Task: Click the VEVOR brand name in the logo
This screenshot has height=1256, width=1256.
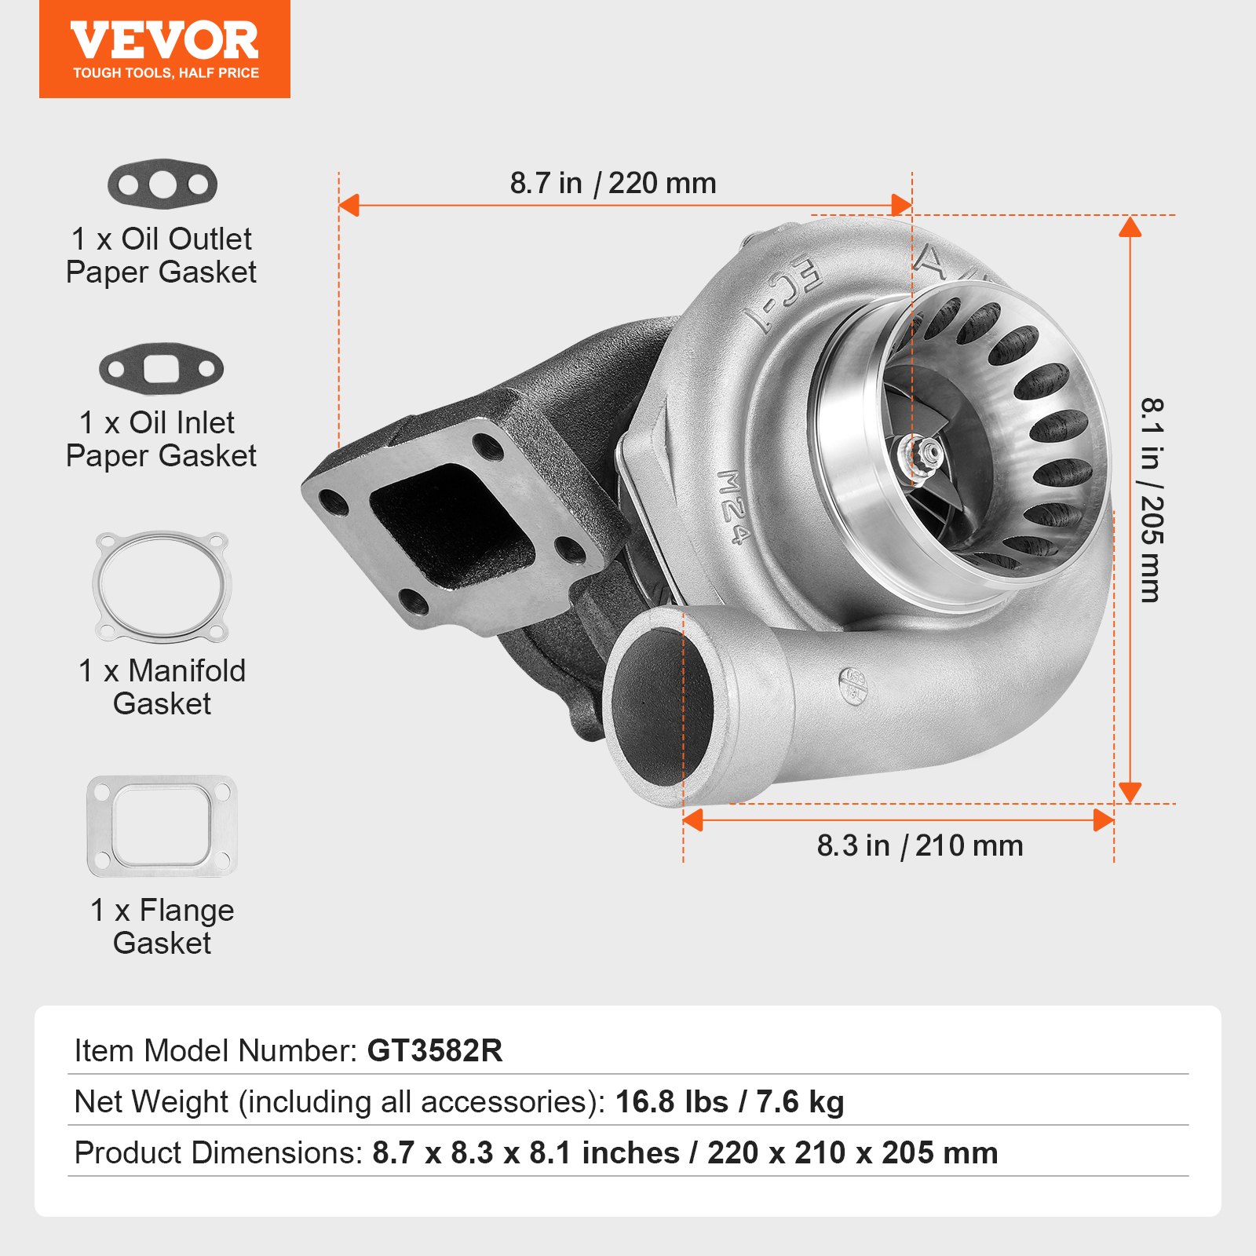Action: pos(164,41)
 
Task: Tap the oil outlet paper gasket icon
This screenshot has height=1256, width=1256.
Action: pos(162,184)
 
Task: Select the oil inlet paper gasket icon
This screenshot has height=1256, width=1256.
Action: pos(161,368)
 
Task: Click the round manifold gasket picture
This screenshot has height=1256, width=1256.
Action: pos(162,586)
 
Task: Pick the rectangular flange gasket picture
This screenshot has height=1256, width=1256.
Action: pos(162,826)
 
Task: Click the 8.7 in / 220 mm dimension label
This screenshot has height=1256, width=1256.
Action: pos(613,184)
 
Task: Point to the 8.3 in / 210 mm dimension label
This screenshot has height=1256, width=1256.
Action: pos(919,846)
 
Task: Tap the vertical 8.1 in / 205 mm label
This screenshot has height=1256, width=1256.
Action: pos(1151,500)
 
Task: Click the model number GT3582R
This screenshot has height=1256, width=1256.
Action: pos(435,1050)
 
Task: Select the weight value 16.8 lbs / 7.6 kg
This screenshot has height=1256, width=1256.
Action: pos(729,1102)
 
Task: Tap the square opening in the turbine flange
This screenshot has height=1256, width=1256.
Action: pos(451,524)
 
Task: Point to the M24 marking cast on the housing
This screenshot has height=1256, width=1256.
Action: pos(732,506)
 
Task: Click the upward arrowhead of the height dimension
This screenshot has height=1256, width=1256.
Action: pos(1130,227)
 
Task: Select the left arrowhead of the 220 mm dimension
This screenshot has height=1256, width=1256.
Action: pos(349,206)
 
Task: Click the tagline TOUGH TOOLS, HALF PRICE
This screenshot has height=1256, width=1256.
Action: pos(166,73)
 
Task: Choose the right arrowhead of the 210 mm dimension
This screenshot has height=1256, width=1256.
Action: pos(1103,821)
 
